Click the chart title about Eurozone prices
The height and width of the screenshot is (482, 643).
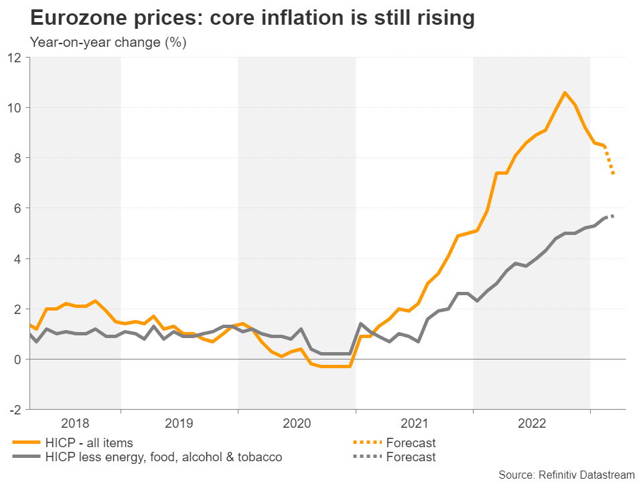[x=253, y=18]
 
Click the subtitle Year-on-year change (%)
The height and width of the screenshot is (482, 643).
[x=108, y=42]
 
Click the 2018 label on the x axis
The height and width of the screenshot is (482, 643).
[x=75, y=423]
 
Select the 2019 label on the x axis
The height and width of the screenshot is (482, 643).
[x=180, y=423]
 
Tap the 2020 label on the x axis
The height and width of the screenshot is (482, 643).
[x=297, y=423]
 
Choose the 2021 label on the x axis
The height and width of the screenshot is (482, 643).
[x=415, y=423]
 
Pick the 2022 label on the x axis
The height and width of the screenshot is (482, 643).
[x=532, y=423]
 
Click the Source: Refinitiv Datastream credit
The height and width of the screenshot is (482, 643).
[x=566, y=474]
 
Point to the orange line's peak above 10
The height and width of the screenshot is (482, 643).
[x=565, y=92]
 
